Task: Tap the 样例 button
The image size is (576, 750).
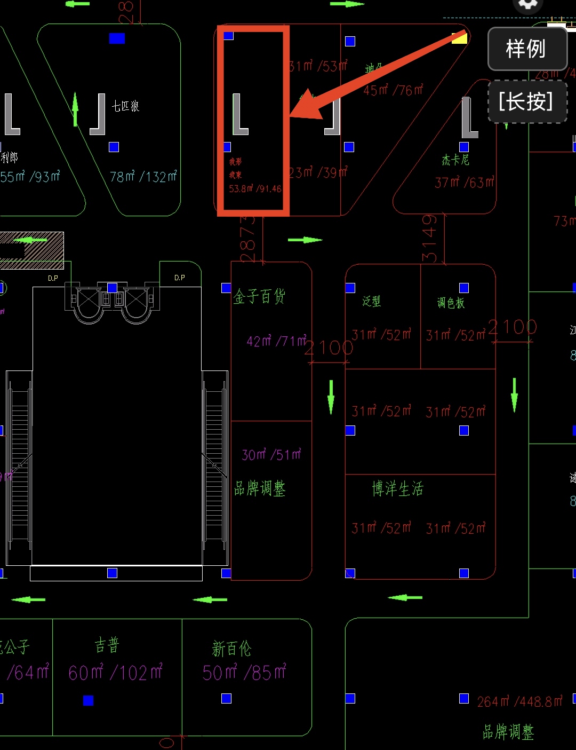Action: [527, 49]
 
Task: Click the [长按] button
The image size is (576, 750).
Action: [527, 101]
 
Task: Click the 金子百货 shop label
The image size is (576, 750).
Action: [259, 296]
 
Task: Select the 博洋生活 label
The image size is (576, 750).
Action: [397, 488]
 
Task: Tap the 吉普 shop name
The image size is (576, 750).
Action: [107, 646]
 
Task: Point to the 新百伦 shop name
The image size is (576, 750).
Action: [231, 649]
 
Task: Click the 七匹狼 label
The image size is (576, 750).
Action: [125, 106]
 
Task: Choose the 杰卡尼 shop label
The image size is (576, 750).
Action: [455, 160]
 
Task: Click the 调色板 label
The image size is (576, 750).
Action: [451, 303]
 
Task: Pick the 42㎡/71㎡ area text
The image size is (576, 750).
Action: [276, 341]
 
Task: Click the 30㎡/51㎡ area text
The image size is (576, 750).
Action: [271, 455]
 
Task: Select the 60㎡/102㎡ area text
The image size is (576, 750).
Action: [115, 673]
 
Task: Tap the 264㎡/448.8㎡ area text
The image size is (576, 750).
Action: [519, 701]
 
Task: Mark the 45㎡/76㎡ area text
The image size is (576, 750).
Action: [394, 90]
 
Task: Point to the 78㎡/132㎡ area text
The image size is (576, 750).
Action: [143, 177]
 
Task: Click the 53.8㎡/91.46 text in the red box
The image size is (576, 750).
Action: [255, 188]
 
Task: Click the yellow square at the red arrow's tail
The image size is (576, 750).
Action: [459, 38]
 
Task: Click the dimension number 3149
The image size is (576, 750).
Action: [429, 238]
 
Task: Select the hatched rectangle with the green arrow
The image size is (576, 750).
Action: [32, 250]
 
